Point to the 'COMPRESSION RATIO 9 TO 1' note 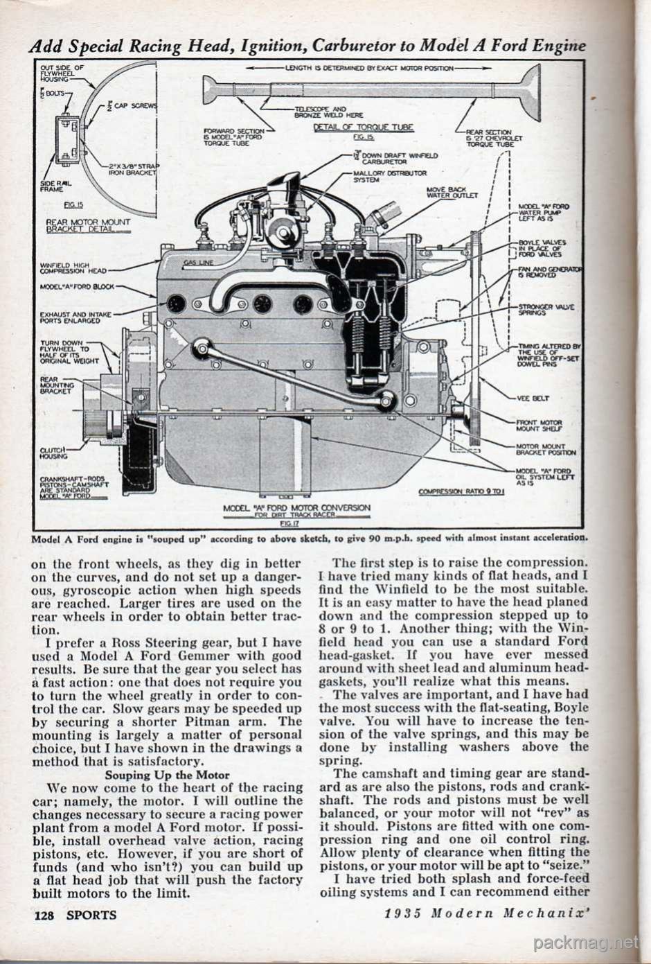(x=459, y=492)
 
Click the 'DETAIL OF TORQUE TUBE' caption (x=364, y=128)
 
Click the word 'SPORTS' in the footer (x=91, y=914)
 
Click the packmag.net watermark (x=586, y=942)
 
